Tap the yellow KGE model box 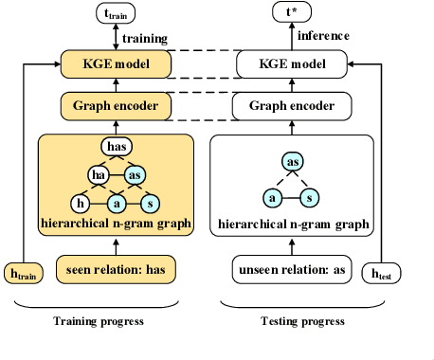[116, 64]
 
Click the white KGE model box [288, 64]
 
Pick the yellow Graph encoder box [116, 106]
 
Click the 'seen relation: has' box [116, 268]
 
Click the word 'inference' [324, 35]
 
